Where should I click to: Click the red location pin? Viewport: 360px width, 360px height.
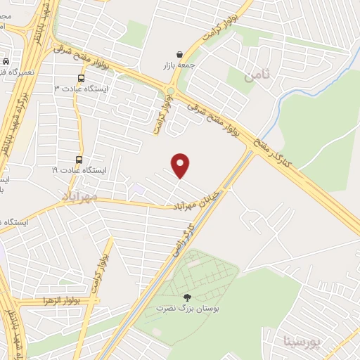point(181,165)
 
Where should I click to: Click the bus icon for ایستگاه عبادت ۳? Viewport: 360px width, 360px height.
point(80,79)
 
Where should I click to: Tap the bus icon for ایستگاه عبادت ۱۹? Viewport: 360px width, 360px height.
point(78,160)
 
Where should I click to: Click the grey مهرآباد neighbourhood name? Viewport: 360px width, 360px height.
point(78,196)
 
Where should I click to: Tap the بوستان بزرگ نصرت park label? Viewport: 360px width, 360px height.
point(186,308)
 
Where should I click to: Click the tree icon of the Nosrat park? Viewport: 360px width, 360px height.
point(186,297)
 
